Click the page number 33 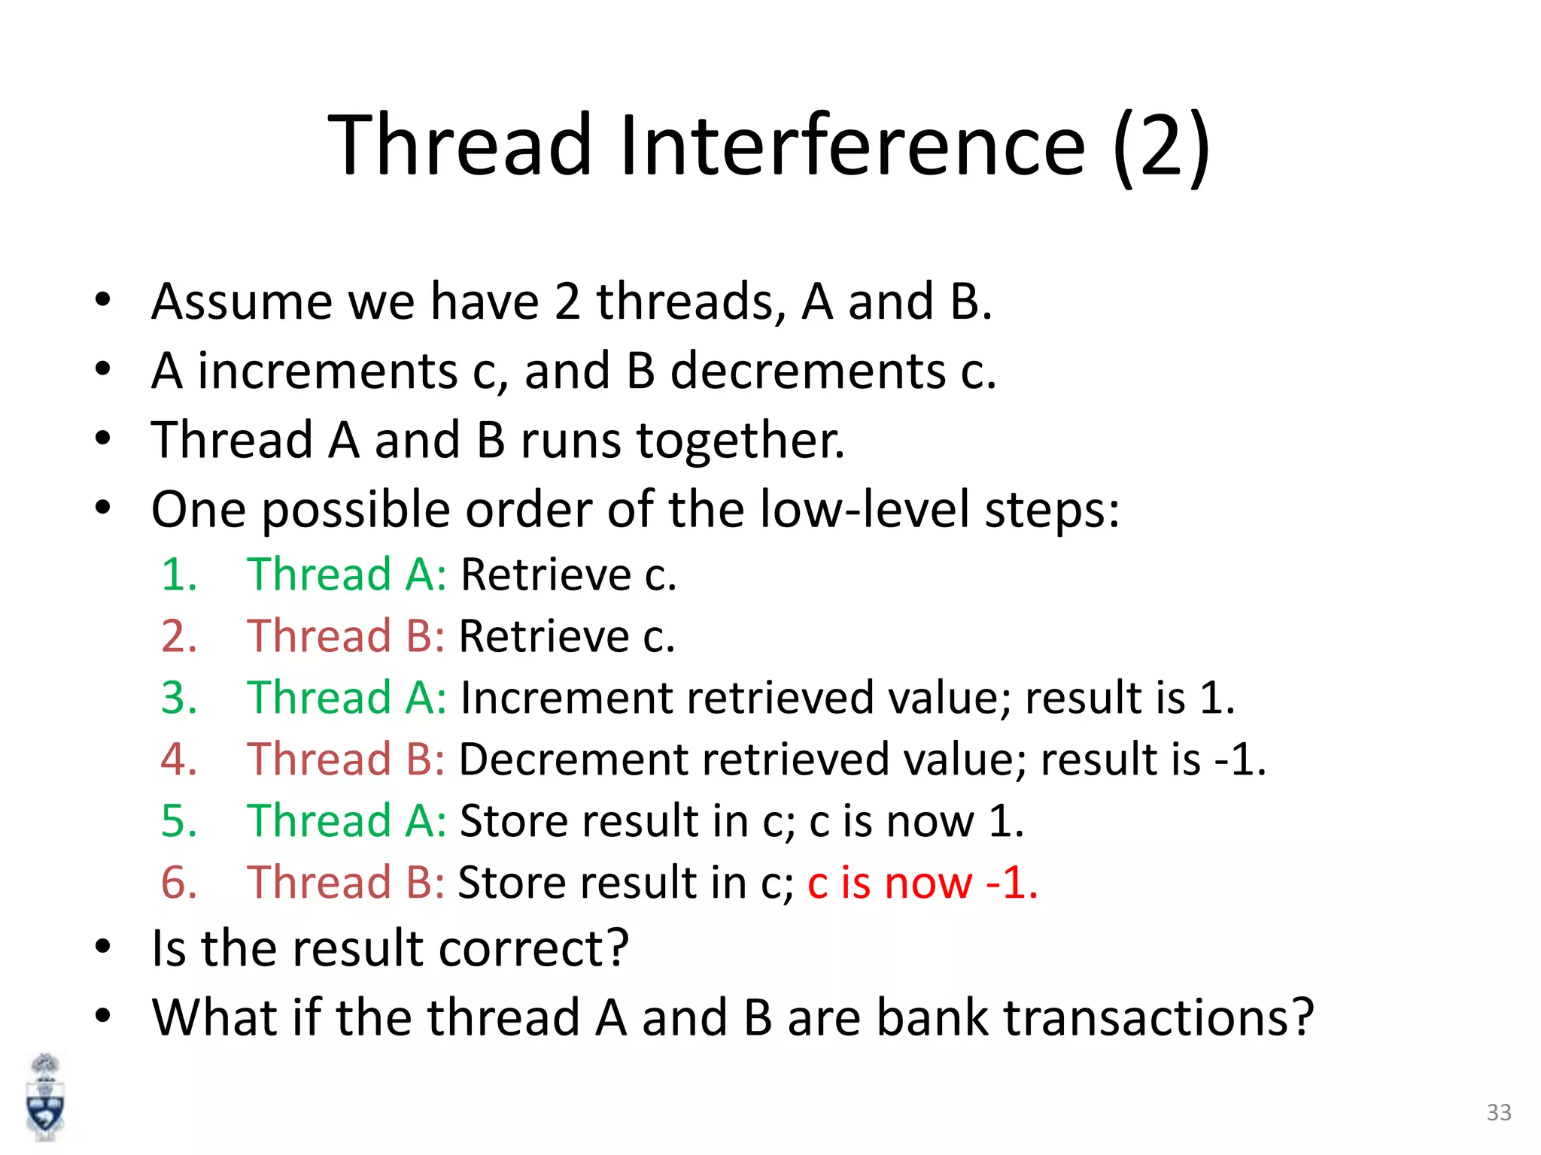(1499, 1112)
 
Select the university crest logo (46, 1097)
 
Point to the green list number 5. (178, 820)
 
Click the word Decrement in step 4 (573, 759)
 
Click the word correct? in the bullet (533, 947)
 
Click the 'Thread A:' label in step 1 (347, 574)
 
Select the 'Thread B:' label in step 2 (346, 636)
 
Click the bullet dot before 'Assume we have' (103, 300)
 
